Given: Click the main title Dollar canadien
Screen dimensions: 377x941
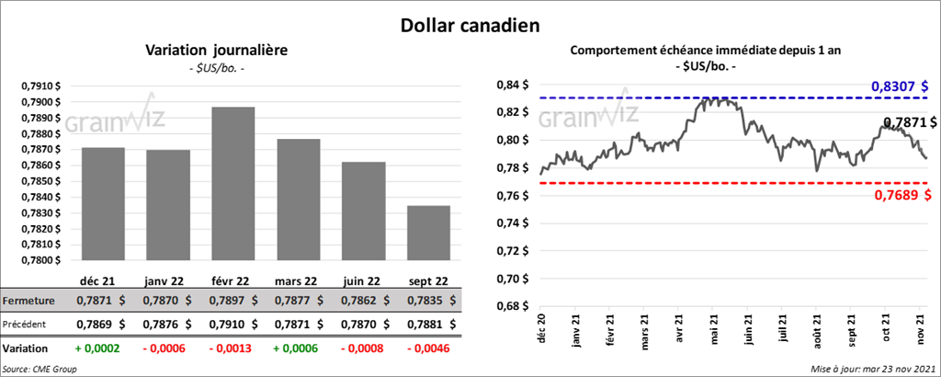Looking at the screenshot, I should click(470, 23).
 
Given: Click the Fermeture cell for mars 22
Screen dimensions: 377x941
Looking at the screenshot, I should click(299, 301).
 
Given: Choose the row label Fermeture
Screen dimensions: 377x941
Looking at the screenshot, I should click(29, 301).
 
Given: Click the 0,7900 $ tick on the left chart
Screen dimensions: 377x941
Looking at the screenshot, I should click(40, 101).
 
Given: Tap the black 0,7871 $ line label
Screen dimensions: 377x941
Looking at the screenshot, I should click(910, 122).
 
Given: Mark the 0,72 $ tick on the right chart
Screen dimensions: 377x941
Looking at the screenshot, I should click(512, 251).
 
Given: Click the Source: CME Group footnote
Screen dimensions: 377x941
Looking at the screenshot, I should click(40, 369).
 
